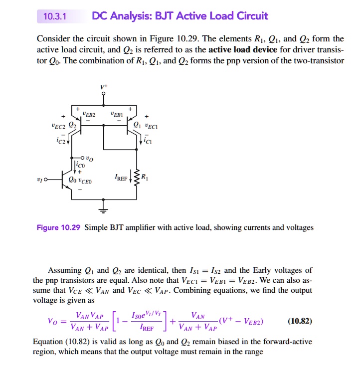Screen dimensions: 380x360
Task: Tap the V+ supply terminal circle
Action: click(104, 93)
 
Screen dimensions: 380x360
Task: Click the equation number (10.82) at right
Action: click(300, 321)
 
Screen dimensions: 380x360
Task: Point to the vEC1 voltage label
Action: click(151, 127)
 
